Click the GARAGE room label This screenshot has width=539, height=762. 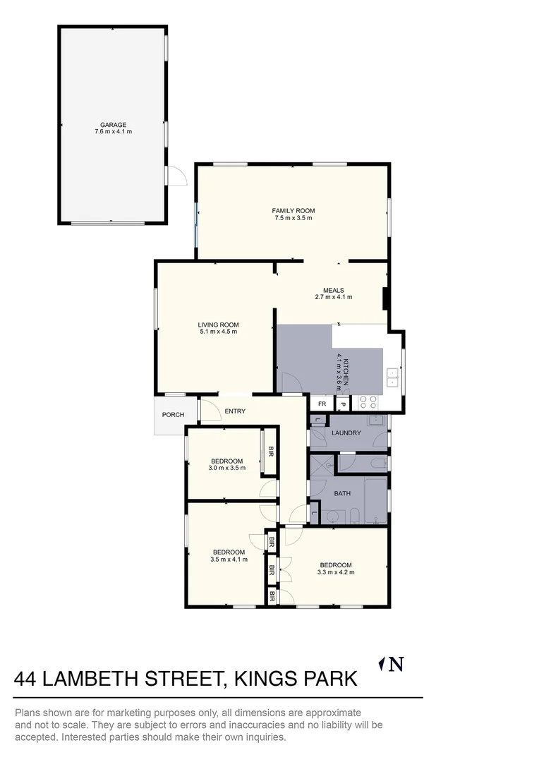point(113,125)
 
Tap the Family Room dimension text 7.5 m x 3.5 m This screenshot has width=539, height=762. point(293,218)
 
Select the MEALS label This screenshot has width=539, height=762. point(334,290)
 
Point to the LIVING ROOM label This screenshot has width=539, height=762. point(218,325)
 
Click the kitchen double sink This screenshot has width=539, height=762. point(392,379)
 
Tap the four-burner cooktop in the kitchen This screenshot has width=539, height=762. point(368,402)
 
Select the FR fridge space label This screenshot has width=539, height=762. point(322,404)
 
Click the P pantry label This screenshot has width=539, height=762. point(342,404)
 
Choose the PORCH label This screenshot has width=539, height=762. point(173,415)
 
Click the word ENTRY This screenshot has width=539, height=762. point(235,411)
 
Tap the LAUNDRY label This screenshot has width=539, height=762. point(346,433)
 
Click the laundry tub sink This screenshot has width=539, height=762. point(377,421)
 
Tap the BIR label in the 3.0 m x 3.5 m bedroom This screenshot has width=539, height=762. point(269,451)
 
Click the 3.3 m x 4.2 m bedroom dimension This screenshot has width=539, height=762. point(335,572)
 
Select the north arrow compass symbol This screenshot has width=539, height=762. point(392,664)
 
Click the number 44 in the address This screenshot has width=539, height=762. point(26,679)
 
